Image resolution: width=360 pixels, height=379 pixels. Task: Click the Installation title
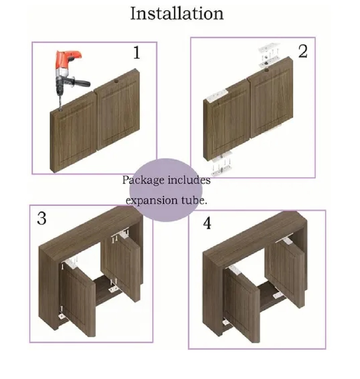177,13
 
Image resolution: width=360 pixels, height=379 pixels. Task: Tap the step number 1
137,53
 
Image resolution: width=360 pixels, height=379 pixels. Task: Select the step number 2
303,51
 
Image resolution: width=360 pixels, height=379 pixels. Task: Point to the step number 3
42,218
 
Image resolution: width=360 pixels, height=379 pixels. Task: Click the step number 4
207,224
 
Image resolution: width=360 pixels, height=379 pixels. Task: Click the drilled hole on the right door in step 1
116,81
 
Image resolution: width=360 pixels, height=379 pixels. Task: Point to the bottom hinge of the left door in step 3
62,316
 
